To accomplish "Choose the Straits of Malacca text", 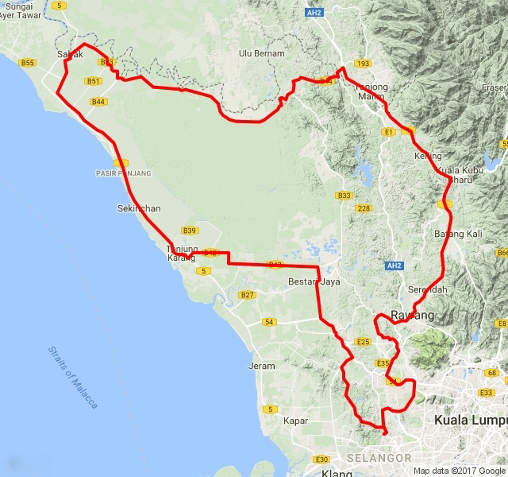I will (x=71, y=377).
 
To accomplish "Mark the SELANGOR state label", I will (x=379, y=459).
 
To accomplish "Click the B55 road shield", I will (x=28, y=62).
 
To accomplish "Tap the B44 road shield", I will (x=98, y=102).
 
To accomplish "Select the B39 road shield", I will (x=189, y=231).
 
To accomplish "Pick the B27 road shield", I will (x=248, y=295).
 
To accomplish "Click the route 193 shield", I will (x=364, y=63).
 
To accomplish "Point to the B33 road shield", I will (x=344, y=196).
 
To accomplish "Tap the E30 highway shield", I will (x=321, y=460).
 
